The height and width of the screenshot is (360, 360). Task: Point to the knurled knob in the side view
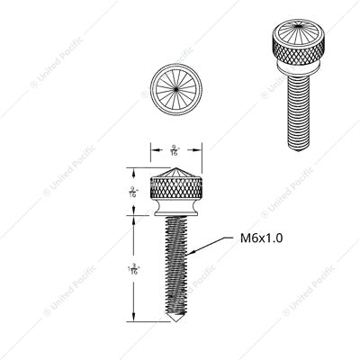[176, 188]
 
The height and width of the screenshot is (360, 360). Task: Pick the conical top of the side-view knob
[176, 172]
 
